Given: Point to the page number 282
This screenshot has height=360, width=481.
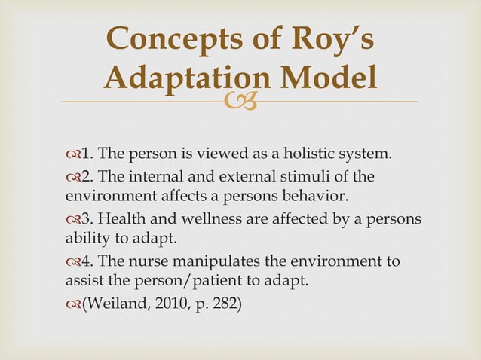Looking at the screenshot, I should coord(224,305).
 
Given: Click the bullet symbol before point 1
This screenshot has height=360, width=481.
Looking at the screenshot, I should coord(72,157).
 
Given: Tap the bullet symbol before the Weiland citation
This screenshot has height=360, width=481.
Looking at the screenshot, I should coord(72,305).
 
